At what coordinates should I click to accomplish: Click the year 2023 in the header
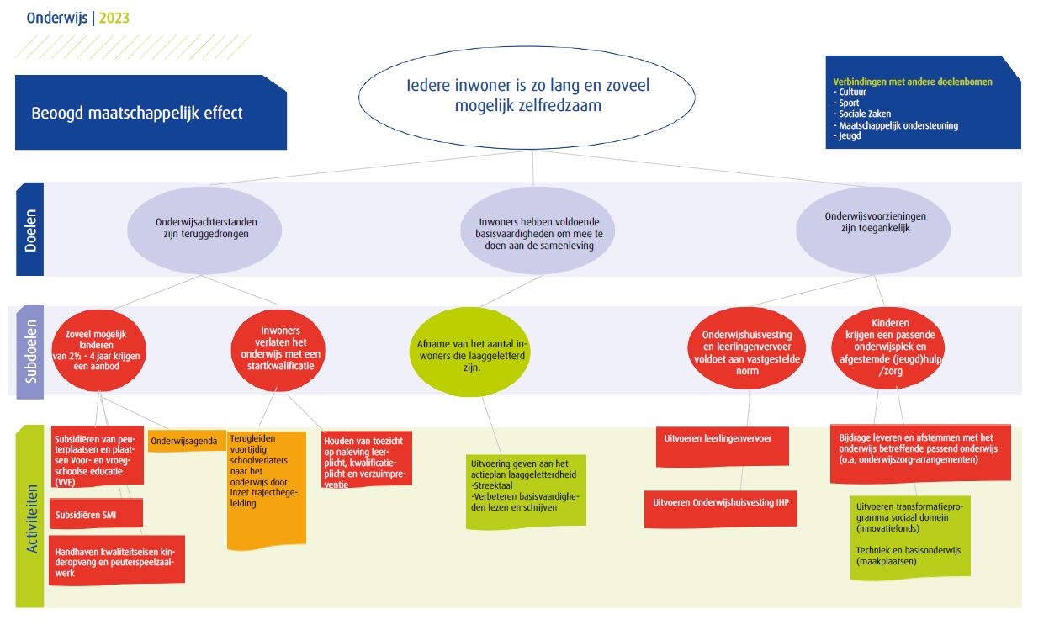click(114, 18)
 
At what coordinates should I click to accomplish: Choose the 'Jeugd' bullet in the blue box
click(850, 136)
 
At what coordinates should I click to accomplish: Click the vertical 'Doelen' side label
click(29, 229)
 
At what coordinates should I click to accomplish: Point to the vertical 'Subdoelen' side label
click(29, 352)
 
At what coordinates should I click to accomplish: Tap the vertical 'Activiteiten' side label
click(29, 517)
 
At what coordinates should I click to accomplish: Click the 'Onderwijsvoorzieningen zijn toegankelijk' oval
click(873, 222)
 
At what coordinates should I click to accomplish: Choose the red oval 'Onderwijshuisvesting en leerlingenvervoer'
click(747, 347)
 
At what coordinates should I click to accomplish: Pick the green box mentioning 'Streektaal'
click(526, 490)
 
